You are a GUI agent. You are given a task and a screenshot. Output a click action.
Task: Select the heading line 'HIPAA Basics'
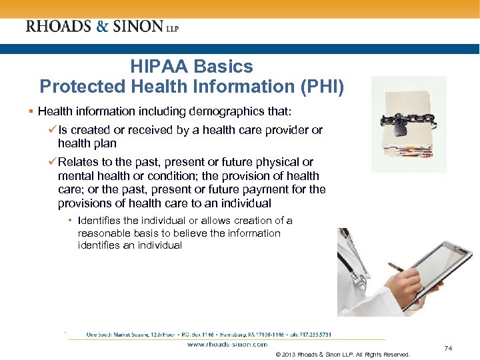pos(192,67)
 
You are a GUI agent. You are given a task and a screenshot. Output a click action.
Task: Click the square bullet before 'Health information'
pos(32,111)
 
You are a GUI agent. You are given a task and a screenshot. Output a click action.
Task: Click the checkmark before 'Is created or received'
pos(53,130)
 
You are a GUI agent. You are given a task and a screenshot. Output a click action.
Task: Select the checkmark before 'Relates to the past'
pos(53,162)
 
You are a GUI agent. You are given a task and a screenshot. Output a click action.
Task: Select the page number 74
pos(448,348)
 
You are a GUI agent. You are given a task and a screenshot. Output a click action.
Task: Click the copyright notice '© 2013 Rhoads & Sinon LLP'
pos(342,354)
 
